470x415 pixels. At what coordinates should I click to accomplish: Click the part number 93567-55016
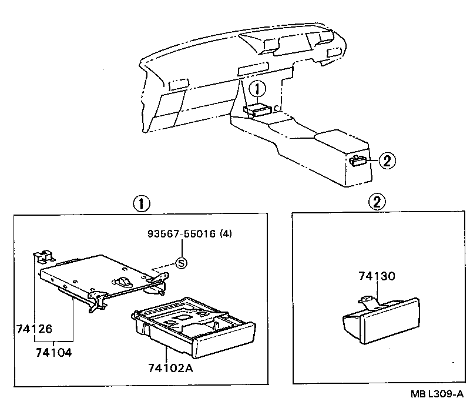[x=182, y=234]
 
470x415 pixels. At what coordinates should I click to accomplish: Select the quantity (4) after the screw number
[x=226, y=234]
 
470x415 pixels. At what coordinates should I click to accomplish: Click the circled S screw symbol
[x=182, y=263]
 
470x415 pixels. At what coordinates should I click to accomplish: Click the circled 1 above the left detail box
[x=140, y=203]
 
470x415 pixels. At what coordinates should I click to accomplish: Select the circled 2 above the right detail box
[x=377, y=203]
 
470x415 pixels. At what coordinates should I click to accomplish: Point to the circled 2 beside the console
[x=387, y=159]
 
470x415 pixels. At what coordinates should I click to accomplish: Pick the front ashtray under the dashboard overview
[x=257, y=109]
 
